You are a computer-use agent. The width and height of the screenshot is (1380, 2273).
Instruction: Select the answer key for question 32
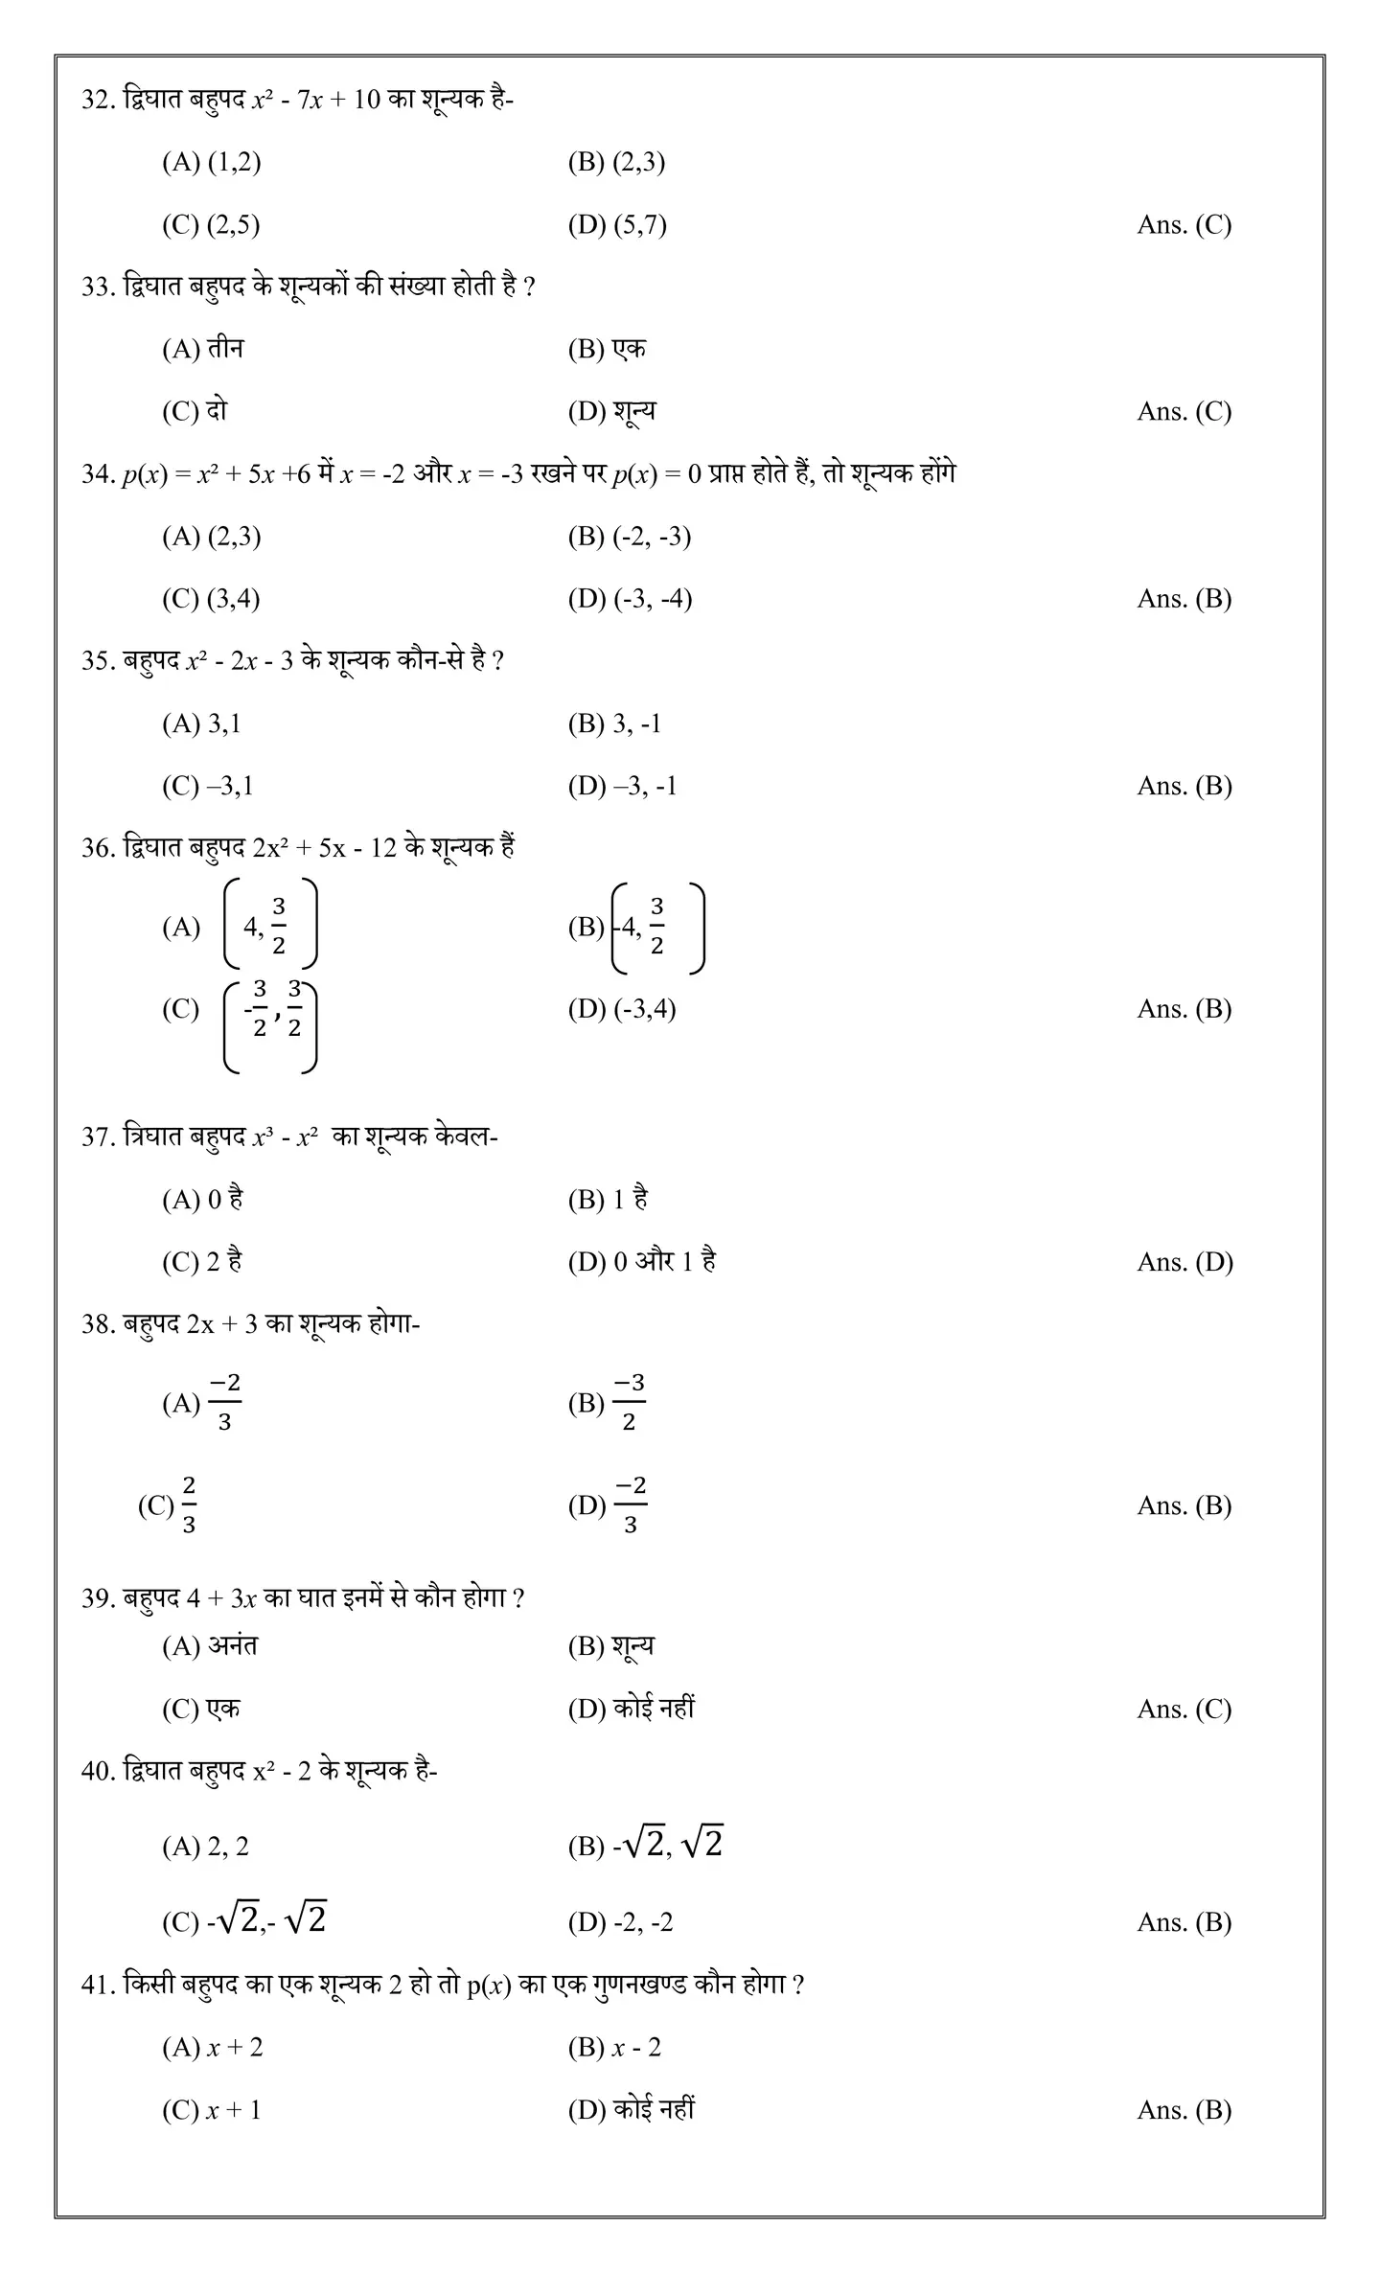pyautogui.click(x=1184, y=225)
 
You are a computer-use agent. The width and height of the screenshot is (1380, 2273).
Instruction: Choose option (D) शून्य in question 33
pyautogui.click(x=612, y=411)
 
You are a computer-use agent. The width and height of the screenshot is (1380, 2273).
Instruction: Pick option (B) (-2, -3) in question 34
pyautogui.click(x=630, y=537)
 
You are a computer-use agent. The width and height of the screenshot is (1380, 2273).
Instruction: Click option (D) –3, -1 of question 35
pyautogui.click(x=623, y=786)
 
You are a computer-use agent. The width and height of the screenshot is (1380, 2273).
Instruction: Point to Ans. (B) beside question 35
pyautogui.click(x=1184, y=786)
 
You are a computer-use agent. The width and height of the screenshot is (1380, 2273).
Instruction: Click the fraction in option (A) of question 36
pyautogui.click(x=279, y=926)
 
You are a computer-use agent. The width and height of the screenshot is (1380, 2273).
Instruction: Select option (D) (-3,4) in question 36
pyautogui.click(x=622, y=1009)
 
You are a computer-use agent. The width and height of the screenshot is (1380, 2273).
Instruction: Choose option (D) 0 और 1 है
pyautogui.click(x=642, y=1262)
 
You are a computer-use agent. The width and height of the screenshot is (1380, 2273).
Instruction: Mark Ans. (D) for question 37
pyautogui.click(x=1184, y=1262)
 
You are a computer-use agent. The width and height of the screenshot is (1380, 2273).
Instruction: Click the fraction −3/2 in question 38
pyautogui.click(x=629, y=1402)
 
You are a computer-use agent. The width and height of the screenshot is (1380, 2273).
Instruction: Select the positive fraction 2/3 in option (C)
pyautogui.click(x=189, y=1504)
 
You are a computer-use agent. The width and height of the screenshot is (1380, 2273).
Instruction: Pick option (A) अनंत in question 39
pyautogui.click(x=210, y=1646)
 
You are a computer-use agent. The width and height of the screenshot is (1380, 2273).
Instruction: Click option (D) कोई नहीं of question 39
pyautogui.click(x=632, y=1709)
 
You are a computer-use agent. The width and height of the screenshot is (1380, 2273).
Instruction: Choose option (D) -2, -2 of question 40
pyautogui.click(x=621, y=1922)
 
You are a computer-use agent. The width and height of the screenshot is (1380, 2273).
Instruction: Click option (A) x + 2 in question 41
pyautogui.click(x=213, y=2048)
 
